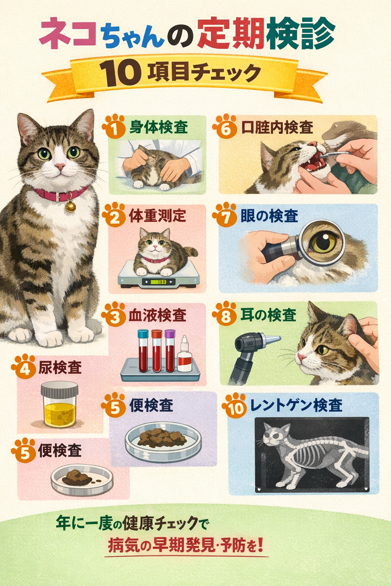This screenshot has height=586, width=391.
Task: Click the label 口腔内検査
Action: point(277,127)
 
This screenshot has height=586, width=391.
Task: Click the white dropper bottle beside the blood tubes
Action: point(185,354)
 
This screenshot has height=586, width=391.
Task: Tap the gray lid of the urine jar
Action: point(60,389)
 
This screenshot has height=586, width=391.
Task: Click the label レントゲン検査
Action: point(296,405)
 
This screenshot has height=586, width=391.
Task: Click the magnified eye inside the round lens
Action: point(323,242)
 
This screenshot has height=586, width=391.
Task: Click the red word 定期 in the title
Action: point(231,34)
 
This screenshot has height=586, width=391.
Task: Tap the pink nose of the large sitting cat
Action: point(60,166)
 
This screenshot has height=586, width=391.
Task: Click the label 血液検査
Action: point(157,315)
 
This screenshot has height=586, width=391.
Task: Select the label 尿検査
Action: point(60,367)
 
